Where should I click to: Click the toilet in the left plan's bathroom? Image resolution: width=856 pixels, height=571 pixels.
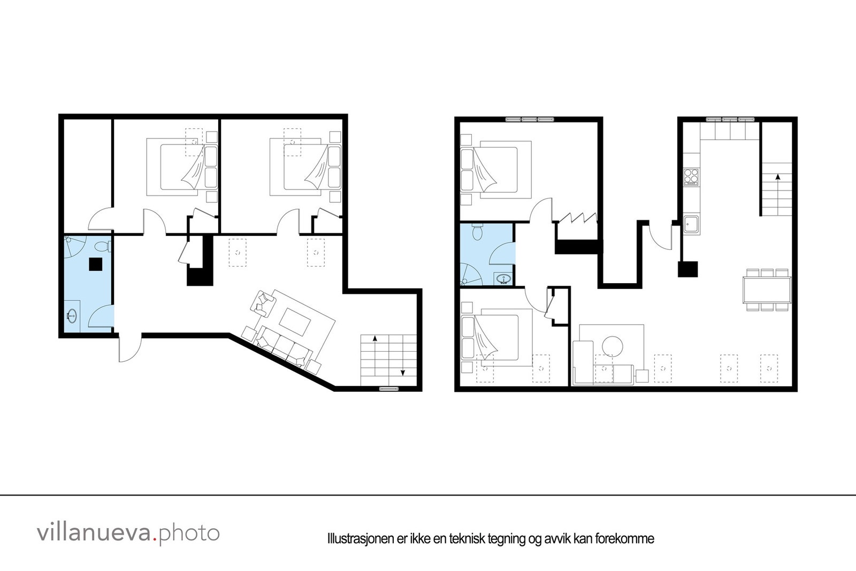[x=103, y=246]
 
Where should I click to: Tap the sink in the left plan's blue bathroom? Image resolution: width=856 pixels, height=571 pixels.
[x=72, y=316]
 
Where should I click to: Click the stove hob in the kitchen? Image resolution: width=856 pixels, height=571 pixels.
[x=691, y=176]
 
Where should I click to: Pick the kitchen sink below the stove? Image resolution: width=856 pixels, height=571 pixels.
[x=692, y=224]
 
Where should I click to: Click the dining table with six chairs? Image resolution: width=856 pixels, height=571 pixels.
[x=766, y=290]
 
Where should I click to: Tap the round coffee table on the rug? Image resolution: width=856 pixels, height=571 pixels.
[x=612, y=346]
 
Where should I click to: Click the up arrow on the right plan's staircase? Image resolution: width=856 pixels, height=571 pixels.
[x=777, y=176]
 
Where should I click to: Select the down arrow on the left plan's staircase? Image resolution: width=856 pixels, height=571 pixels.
[x=402, y=373]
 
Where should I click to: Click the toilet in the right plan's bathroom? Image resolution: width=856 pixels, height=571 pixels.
[x=478, y=232]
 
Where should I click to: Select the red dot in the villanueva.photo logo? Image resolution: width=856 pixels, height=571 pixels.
[x=155, y=540]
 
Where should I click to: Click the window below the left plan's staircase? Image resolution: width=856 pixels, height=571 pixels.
[x=389, y=389]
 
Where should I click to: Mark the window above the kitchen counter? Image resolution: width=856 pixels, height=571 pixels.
[x=730, y=119]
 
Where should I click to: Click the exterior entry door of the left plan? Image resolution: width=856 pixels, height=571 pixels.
[x=128, y=348]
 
